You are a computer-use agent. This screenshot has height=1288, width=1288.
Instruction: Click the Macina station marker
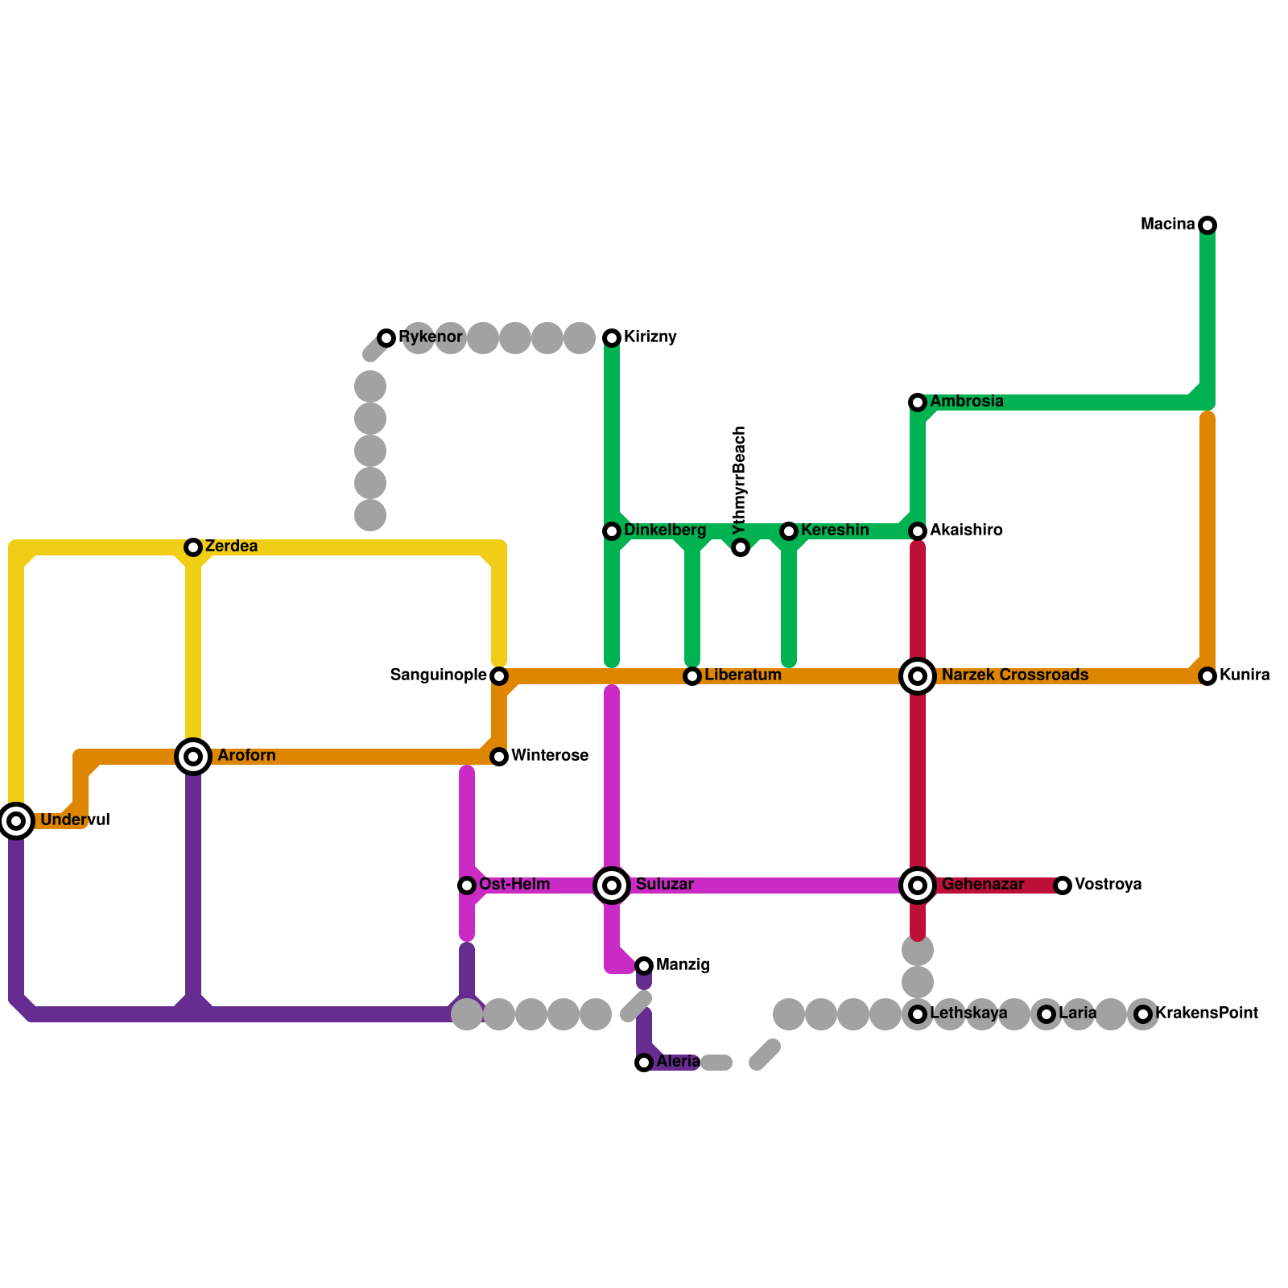pos(1207,225)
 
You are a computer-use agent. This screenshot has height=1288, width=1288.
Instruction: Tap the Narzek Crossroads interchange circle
pos(918,676)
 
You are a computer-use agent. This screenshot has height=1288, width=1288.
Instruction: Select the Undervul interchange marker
pos(16,821)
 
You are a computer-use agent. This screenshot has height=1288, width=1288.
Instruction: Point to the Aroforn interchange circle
pos(193,757)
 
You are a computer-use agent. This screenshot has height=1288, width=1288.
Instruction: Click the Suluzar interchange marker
pos(612,885)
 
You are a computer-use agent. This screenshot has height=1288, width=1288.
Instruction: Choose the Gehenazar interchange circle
pos(918,885)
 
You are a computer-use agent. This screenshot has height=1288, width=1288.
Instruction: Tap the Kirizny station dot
pos(612,338)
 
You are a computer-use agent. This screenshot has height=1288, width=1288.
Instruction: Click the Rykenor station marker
pos(386,338)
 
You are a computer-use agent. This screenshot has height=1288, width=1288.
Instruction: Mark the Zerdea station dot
pos(193,547)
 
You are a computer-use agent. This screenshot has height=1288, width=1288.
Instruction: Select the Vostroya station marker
pos(1063,885)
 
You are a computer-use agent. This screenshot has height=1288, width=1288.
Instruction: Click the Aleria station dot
pos(644,1063)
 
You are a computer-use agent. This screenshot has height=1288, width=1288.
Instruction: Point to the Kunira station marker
pos(1207,676)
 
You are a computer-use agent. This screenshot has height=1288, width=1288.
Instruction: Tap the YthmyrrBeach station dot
pos(741,548)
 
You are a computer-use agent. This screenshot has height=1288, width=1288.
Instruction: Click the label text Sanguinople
pos(438,675)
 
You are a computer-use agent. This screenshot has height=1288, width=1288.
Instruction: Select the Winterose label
pos(550,756)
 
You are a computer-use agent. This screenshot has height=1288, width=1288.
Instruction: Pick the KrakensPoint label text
pos(1207,1013)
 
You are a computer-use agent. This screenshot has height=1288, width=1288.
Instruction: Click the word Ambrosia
pos(967,402)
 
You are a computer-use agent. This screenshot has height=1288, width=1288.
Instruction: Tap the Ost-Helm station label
pos(514,885)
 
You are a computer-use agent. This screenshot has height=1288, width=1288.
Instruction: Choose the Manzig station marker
pos(644,966)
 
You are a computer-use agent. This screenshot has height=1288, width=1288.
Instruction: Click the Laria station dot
pos(1046,1014)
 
